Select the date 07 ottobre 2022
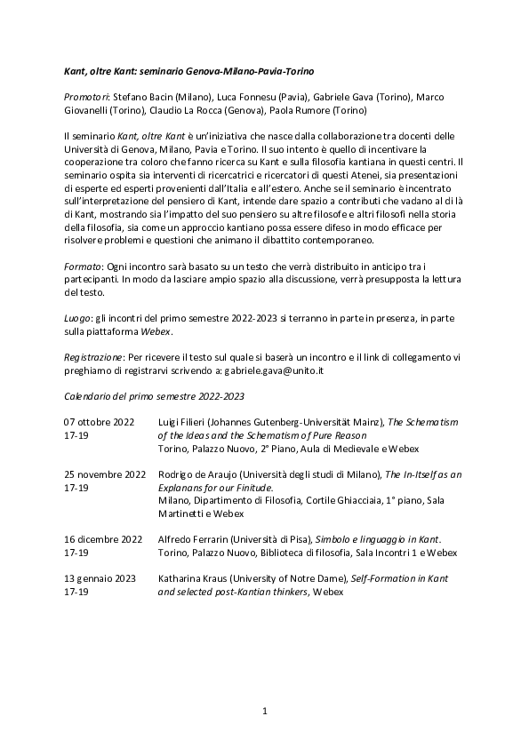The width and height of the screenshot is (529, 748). pos(100,420)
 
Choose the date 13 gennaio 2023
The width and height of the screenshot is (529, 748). pos(100,577)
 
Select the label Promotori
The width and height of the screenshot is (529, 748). pos(85,96)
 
